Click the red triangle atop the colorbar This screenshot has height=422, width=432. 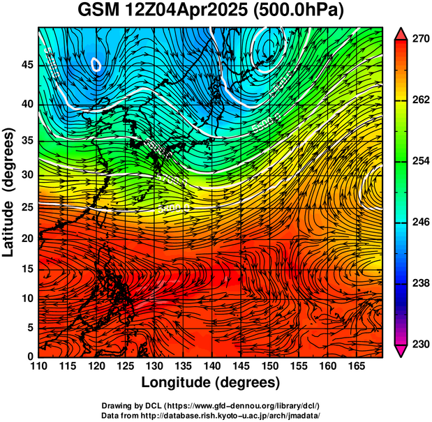pyautogui.click(x=401, y=33)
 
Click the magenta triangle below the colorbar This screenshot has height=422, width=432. pyautogui.click(x=401, y=350)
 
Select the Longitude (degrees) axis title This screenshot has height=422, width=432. pyautogui.click(x=211, y=383)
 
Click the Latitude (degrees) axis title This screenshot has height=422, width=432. pyautogui.click(x=10, y=192)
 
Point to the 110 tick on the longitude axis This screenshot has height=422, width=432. pyautogui.click(x=38, y=366)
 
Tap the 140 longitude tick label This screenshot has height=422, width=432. pyautogui.click(x=211, y=366)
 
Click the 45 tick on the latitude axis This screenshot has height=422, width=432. pyautogui.click(x=27, y=65)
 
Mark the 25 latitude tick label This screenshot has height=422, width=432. pyautogui.click(x=27, y=207)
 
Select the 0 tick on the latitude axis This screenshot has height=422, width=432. pyautogui.click(x=31, y=356)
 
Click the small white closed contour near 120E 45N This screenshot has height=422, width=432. pyautogui.click(x=96, y=65)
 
